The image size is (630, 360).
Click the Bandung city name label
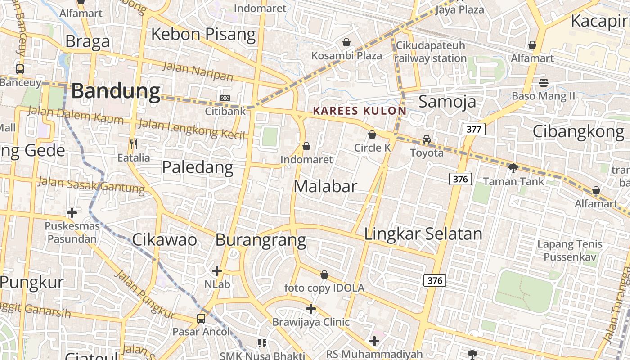click(x=116, y=91)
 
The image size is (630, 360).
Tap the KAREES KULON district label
click(x=360, y=111)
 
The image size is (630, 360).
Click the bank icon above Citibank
click(x=225, y=98)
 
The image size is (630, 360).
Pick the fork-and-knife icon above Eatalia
click(x=133, y=144)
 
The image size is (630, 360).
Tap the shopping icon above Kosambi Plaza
click(x=346, y=43)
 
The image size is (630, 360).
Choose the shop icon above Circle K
click(x=372, y=135)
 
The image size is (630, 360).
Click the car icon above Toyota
click(x=427, y=139)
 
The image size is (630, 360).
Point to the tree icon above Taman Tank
click(x=513, y=168)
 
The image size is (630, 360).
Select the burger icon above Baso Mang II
click(x=544, y=82)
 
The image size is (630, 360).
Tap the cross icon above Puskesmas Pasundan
click(x=72, y=213)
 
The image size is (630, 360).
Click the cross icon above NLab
click(x=217, y=271)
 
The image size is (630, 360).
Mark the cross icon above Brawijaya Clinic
click(x=311, y=309)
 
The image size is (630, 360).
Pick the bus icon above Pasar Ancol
click(x=201, y=319)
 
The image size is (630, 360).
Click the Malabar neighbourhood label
click(x=325, y=186)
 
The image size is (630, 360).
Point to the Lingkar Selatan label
click(x=423, y=234)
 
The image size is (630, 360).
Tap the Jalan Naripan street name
click(x=198, y=71)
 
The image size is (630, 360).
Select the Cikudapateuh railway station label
click(x=431, y=52)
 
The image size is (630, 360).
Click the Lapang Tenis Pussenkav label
click(x=570, y=251)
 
